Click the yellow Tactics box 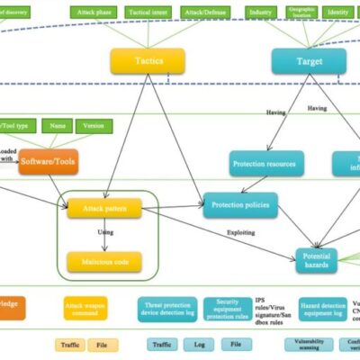click(x=148, y=60)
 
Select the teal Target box click(x=309, y=60)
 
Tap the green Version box click(x=93, y=127)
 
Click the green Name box click(x=56, y=127)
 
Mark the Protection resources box click(x=266, y=163)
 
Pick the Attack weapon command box click(x=85, y=309)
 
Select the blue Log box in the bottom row click(x=198, y=344)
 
